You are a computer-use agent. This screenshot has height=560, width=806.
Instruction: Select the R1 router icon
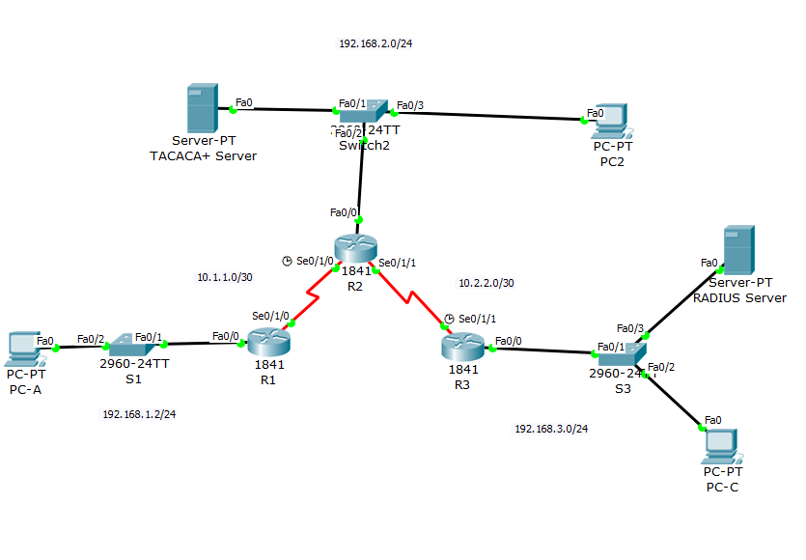(268, 342)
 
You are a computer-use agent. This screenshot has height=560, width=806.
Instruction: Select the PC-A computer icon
(23, 347)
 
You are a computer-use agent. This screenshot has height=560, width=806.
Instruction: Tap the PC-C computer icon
(723, 444)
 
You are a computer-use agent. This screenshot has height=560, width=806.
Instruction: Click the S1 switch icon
(132, 343)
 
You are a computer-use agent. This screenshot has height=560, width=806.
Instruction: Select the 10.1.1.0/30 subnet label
(225, 278)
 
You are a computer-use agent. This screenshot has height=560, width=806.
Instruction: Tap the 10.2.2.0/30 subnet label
(486, 283)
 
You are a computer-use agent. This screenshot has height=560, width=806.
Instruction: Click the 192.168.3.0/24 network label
(551, 429)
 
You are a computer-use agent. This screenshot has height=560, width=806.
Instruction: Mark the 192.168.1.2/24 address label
(139, 414)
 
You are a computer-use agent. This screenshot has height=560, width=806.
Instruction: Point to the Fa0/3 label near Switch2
(410, 104)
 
